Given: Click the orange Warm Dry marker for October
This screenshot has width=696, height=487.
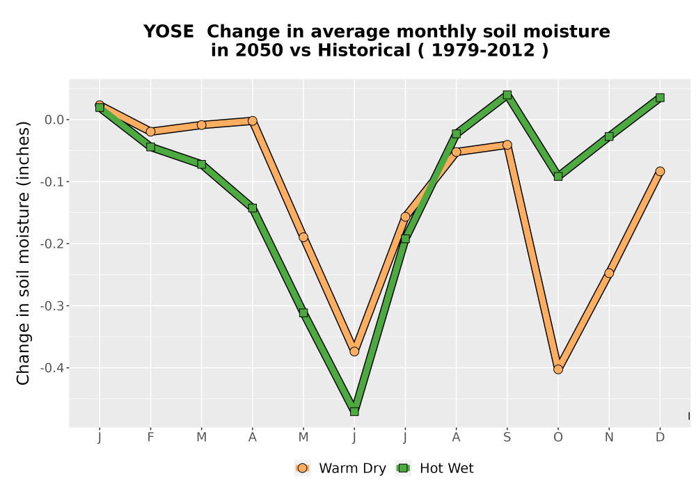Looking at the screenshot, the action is point(558,369).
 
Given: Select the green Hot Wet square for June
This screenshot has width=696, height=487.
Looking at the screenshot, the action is point(354,412).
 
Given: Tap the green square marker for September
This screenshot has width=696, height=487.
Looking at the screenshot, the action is point(507,95).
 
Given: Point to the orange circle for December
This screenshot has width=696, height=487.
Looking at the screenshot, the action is point(660,171).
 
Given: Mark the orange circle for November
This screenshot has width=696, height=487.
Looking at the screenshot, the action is point(609,273).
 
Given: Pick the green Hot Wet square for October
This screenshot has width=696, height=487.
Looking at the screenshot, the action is point(558,177).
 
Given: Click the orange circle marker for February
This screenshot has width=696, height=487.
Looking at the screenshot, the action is point(150,131).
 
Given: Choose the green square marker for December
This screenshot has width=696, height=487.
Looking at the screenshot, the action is point(660,97).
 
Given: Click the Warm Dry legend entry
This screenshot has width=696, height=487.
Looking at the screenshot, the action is point(340,468).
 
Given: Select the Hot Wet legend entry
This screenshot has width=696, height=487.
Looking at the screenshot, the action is point(434,468).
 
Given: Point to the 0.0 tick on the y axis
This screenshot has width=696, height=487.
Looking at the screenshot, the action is point(54,120).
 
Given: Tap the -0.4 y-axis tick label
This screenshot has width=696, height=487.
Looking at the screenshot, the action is point(52,368).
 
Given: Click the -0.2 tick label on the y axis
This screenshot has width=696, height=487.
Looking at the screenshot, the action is point(52,244).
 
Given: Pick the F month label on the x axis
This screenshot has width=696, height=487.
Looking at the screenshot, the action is point(150,438).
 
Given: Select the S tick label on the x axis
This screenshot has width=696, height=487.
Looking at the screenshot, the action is point(507,438).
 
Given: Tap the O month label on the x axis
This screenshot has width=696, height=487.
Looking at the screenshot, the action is point(558,438).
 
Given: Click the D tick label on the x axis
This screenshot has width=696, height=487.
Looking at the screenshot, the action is point(660,438).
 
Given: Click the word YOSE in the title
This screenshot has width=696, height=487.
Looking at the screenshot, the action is point(168,32).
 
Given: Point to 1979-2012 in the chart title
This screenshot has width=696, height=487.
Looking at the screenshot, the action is point(483,51).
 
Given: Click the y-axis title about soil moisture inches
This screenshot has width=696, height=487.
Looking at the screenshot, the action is point(23,253).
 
